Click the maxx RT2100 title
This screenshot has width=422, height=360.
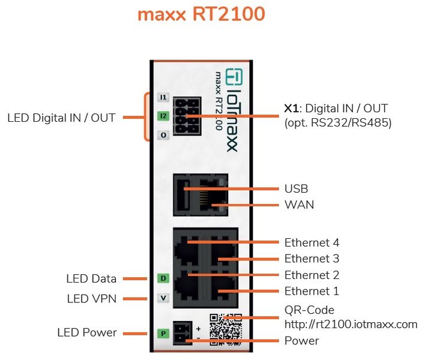point(201,14)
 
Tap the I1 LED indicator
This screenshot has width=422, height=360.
point(163,97)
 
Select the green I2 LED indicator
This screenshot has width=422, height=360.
point(163,116)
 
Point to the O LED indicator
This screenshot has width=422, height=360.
point(163,135)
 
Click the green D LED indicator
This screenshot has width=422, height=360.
point(163,278)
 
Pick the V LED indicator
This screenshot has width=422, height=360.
point(163,298)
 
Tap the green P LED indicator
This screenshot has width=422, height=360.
point(163,334)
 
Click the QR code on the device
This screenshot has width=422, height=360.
point(226,329)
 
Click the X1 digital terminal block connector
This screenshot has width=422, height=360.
point(187,116)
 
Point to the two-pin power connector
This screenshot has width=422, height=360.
point(182,333)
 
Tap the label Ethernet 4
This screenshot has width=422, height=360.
point(312,242)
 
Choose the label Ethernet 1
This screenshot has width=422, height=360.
point(312,291)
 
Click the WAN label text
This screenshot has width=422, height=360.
point(300,205)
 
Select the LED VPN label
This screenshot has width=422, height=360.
point(91,299)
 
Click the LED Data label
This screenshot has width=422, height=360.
point(91,279)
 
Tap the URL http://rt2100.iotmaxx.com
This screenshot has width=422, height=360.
point(351,324)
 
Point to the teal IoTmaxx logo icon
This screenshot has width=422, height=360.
point(234,76)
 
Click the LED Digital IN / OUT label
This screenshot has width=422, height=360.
point(61,118)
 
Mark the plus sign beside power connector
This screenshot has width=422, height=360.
point(198,329)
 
